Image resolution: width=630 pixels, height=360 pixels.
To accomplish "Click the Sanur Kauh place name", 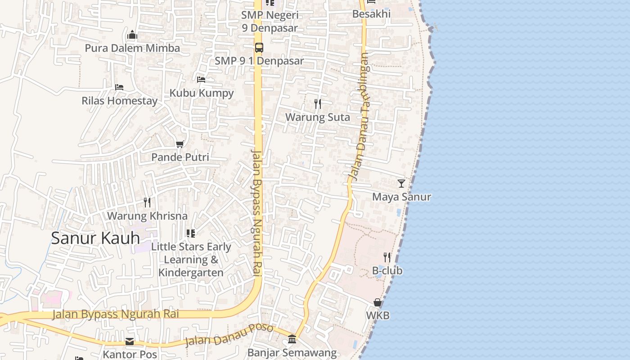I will click(x=95, y=238).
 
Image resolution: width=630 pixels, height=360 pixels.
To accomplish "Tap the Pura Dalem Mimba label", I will click(x=132, y=48).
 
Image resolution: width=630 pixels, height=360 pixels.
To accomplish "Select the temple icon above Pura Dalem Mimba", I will click(x=132, y=35).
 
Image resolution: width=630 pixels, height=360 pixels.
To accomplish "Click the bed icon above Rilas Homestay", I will click(x=119, y=87).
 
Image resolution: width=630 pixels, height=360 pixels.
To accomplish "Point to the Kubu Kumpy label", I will click(x=202, y=93).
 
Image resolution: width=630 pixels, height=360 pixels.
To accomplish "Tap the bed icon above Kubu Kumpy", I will click(x=201, y=80).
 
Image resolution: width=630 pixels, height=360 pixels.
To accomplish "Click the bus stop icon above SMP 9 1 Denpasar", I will click(x=259, y=47).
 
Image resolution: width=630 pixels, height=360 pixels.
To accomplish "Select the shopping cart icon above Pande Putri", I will click(x=180, y=144).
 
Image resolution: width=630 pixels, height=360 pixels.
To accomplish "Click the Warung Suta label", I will click(x=318, y=117).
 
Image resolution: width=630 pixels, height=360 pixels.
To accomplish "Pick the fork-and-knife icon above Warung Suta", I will click(x=318, y=104).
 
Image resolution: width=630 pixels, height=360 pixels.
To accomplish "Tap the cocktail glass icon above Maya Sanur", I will click(x=401, y=184).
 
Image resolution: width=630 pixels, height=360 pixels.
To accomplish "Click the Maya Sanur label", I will click(x=401, y=197).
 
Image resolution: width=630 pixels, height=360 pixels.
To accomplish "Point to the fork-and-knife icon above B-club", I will click(x=387, y=257).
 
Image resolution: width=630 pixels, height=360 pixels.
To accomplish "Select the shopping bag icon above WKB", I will click(x=378, y=302).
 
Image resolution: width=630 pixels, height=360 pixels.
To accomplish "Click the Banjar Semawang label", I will click(x=292, y=353).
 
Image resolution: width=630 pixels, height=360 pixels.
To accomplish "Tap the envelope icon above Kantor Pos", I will click(x=130, y=341).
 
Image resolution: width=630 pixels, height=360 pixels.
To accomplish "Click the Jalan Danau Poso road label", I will click(x=229, y=335).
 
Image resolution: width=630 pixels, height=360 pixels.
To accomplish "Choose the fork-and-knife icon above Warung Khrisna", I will click(x=147, y=202).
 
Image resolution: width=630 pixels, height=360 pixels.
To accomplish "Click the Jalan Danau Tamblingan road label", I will click(x=359, y=117).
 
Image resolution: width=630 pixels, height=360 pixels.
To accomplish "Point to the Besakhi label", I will click(x=371, y=14).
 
